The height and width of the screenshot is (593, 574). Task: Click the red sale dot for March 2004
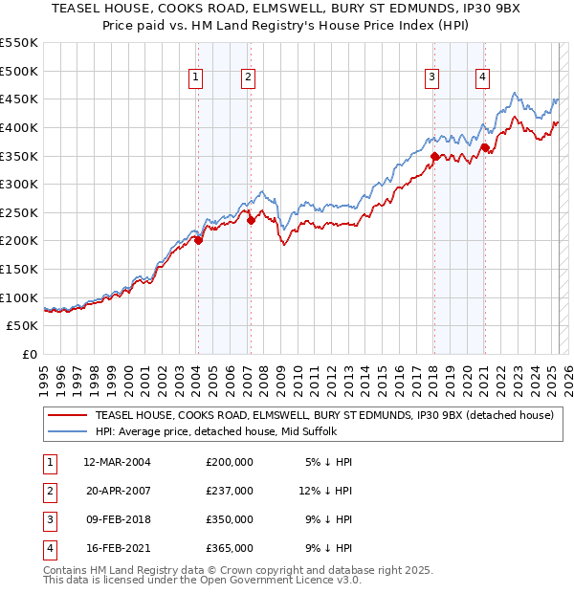pyautogui.click(x=199, y=241)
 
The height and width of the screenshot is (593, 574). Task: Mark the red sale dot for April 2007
pyautogui.click(x=252, y=220)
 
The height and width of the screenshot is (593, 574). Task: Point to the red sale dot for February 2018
pyautogui.click(x=434, y=156)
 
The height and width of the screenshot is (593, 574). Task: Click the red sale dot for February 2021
pyautogui.click(x=485, y=147)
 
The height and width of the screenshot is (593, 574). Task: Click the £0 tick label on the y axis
pyautogui.click(x=29, y=354)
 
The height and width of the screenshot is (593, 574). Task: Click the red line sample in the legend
pyautogui.click(x=68, y=416)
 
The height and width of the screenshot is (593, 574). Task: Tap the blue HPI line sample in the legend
pyautogui.click(x=68, y=432)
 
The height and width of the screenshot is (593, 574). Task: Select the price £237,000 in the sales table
pyautogui.click(x=230, y=491)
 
